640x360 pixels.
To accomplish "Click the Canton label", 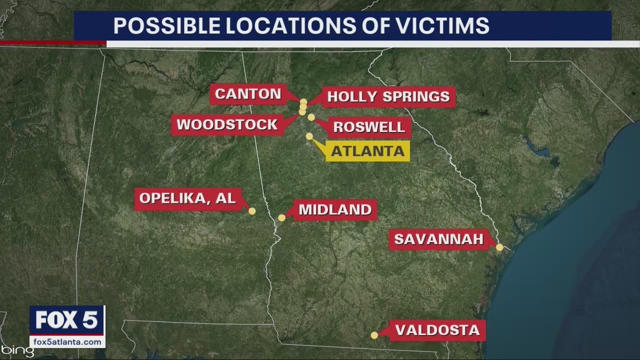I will point(248,94).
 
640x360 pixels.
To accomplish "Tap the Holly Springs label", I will point(388,96).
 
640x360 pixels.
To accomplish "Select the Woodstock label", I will point(227,124).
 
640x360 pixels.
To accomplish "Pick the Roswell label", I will point(369,127).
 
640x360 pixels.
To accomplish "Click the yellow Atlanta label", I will point(367,151).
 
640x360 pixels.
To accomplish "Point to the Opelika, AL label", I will point(187,198).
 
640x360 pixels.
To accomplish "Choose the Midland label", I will point(335,209).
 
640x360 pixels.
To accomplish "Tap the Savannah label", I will point(438,239).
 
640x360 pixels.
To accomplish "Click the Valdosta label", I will point(437,330).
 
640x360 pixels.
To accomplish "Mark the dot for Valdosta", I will point(374,335).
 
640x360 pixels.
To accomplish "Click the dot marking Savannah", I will point(499,247).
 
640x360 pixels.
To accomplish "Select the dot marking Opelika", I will point(252,211).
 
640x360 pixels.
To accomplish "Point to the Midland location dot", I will point(281,217).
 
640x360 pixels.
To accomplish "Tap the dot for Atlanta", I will point(309,136).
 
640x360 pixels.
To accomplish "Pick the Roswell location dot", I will point(311,117).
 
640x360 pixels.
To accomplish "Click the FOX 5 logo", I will point(67,320).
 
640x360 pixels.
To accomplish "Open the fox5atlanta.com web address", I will point(67,342).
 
